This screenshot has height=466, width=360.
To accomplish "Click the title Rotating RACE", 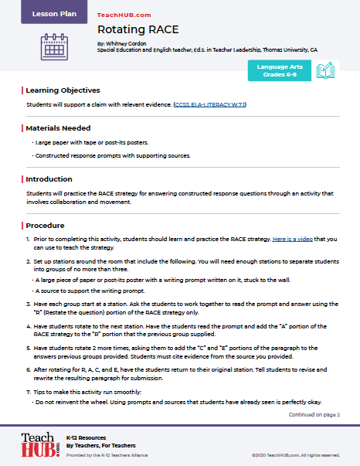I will tap(133, 30).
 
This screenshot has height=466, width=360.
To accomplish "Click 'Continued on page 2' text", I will tap(314, 414).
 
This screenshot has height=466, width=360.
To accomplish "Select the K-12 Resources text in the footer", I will tap(86, 437).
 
